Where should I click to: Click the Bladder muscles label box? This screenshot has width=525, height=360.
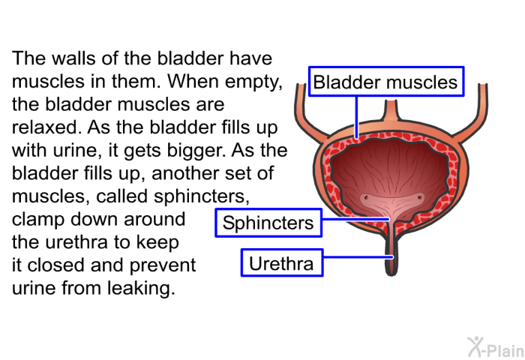point(386,82)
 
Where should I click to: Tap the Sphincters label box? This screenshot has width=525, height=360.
point(268,223)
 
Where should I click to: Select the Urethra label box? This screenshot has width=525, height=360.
point(282,263)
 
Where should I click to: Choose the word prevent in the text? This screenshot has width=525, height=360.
point(163,266)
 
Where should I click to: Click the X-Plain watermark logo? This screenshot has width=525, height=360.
point(496,347)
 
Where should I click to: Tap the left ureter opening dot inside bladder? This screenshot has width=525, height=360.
point(366,197)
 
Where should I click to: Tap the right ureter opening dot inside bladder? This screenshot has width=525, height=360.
point(419,198)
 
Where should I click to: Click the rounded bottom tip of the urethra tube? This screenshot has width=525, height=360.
point(391,273)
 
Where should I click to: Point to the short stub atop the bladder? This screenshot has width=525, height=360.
point(391,110)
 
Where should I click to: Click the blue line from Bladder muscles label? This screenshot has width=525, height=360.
point(356,117)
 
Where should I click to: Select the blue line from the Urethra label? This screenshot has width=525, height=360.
point(358,257)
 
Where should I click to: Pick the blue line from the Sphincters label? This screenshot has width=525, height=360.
point(355,219)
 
